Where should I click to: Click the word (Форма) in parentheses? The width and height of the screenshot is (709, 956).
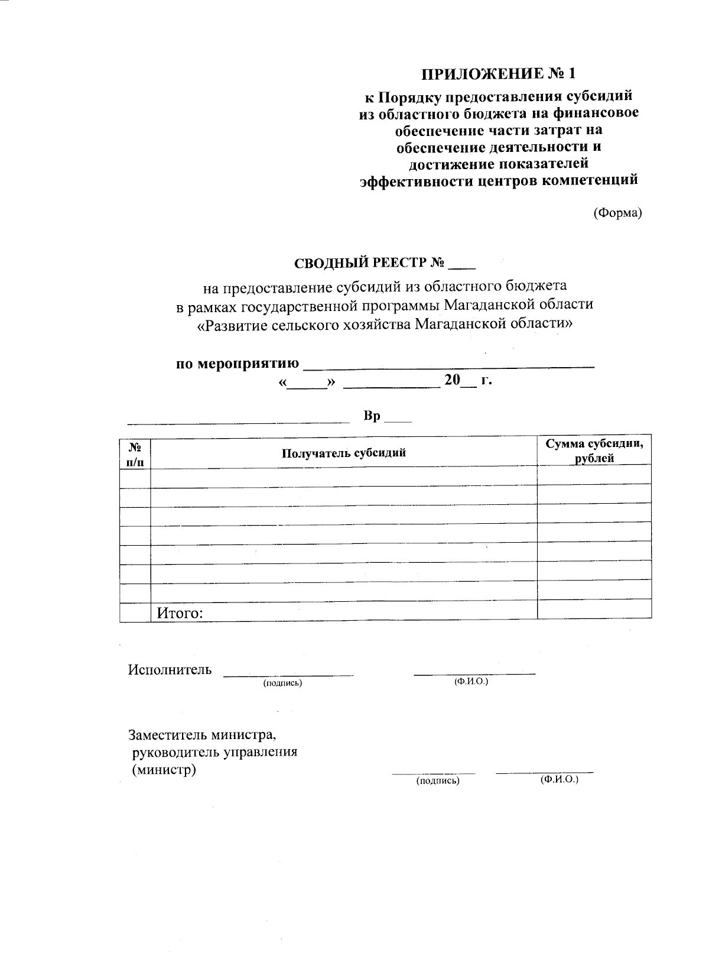click(x=617, y=213)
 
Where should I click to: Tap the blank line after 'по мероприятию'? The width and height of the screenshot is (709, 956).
click(x=449, y=364)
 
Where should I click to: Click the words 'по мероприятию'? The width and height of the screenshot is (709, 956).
click(x=238, y=363)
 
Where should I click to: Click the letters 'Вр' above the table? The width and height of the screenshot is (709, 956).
click(x=372, y=416)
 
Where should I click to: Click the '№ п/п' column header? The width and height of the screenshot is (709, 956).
click(x=135, y=454)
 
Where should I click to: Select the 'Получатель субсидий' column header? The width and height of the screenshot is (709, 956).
click(x=343, y=453)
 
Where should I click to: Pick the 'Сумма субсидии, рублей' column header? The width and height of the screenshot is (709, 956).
click(x=594, y=451)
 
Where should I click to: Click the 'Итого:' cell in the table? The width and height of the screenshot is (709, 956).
click(x=180, y=613)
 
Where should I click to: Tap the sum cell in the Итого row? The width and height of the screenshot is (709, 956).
click(x=594, y=610)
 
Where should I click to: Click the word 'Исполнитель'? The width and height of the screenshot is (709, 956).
click(x=170, y=669)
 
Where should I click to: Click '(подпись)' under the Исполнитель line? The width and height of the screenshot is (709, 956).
click(x=282, y=683)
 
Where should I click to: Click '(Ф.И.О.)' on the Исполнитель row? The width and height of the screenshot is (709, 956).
click(x=471, y=682)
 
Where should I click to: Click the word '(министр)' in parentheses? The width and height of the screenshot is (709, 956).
click(x=164, y=770)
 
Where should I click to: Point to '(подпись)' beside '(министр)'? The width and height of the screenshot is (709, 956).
click(x=438, y=781)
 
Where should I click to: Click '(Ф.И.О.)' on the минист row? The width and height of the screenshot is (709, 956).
click(x=559, y=780)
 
